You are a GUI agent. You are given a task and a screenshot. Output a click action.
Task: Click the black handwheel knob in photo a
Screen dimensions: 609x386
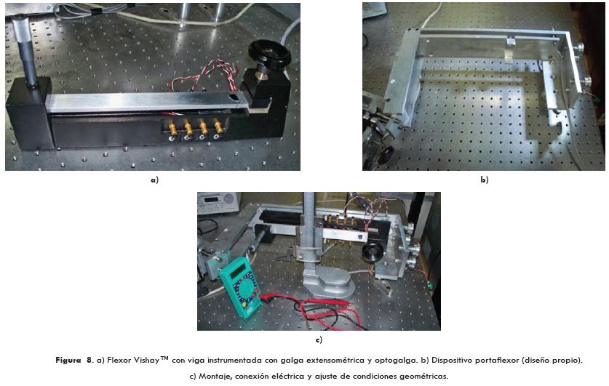pyautogui.click(x=269, y=55)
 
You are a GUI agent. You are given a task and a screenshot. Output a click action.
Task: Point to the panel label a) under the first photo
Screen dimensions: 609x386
pyautogui.click(x=154, y=180)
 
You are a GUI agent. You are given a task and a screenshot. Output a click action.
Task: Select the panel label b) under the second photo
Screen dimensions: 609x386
pyautogui.click(x=485, y=180)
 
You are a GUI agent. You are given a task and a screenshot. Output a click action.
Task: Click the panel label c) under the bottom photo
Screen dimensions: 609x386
pyautogui.click(x=319, y=340)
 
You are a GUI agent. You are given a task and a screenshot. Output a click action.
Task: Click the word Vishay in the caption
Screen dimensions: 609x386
pyautogui.click(x=146, y=360)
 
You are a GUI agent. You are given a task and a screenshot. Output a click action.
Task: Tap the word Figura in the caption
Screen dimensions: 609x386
pyautogui.click(x=68, y=360)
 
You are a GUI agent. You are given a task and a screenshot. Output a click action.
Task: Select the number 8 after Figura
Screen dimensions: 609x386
pyautogui.click(x=89, y=360)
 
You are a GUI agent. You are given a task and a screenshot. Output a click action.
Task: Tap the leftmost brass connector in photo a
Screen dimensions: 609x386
pyautogui.click(x=172, y=128)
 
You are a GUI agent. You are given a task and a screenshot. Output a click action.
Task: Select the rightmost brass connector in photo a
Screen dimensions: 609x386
pyautogui.click(x=218, y=127)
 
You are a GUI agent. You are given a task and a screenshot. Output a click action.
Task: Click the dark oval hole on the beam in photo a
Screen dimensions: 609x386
pyautogui.click(x=234, y=97)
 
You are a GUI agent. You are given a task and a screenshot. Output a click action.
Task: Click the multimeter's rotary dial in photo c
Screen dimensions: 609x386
pyautogui.click(x=247, y=289)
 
